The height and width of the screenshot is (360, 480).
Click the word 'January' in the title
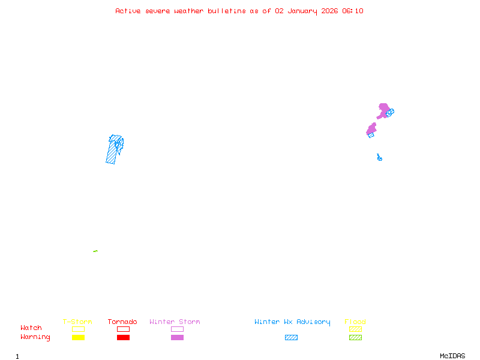(x=299, y=11)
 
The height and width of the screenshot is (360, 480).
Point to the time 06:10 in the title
(x=353, y=11)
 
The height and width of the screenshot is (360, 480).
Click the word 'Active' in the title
(x=128, y=11)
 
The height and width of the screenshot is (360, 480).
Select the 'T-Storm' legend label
(x=77, y=322)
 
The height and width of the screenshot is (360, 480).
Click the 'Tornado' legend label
(x=122, y=322)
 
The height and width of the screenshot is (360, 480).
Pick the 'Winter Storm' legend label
(x=175, y=322)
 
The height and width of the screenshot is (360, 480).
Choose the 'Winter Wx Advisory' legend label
(x=292, y=322)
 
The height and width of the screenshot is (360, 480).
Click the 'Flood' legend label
(x=355, y=322)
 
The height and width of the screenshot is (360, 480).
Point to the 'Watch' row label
(x=31, y=328)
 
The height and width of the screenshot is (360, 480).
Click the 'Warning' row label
(x=35, y=337)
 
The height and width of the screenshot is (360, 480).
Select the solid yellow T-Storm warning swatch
(x=78, y=337)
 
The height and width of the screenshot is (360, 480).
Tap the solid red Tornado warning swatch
(x=123, y=337)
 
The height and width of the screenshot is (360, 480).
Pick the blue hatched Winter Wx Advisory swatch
(x=291, y=337)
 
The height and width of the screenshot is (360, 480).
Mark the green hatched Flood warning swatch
(x=355, y=337)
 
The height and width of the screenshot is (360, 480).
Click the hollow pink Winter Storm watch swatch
(x=177, y=329)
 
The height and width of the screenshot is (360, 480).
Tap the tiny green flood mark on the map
(x=95, y=251)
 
